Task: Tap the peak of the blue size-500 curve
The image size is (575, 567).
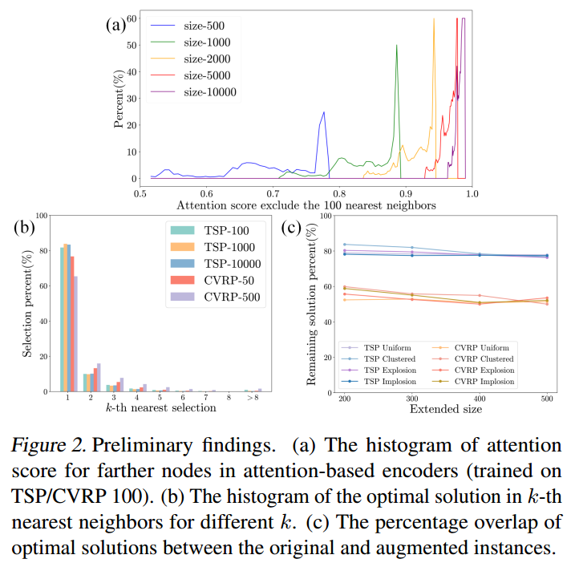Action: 323,112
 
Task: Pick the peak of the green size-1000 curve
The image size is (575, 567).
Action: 396,46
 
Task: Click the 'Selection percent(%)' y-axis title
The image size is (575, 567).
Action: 26,302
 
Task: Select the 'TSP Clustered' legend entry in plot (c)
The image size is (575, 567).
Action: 391,358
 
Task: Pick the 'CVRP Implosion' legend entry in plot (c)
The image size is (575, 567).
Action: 486,382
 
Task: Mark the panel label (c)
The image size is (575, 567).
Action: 294,227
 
